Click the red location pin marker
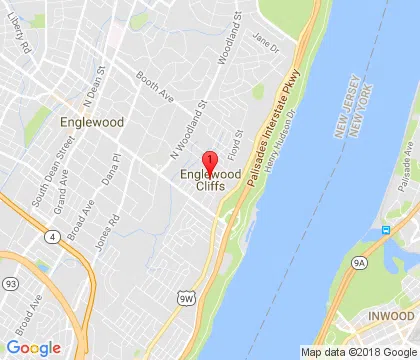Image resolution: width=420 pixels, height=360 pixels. (210, 163)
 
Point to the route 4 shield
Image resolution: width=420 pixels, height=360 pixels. (52, 237)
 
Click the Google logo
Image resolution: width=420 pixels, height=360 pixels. (33, 346)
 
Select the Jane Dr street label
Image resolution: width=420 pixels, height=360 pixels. (264, 43)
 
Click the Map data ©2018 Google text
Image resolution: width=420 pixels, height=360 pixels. (357, 352)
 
